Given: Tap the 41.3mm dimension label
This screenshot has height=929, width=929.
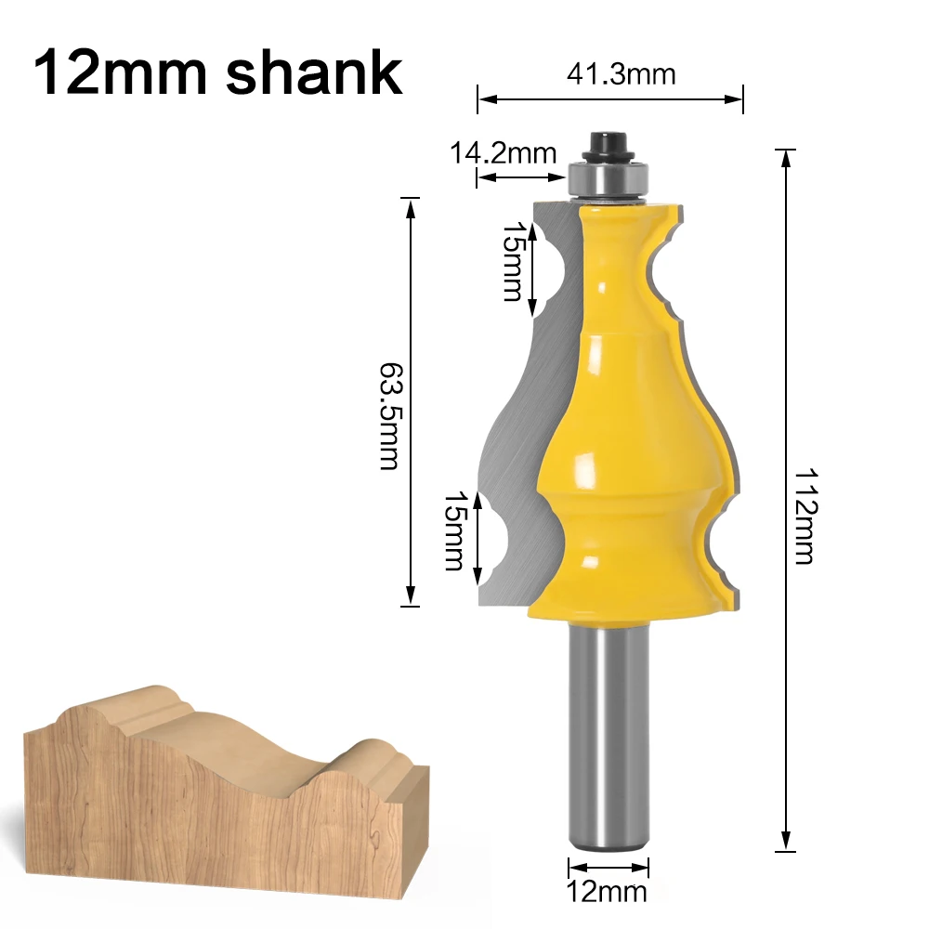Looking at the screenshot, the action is coord(622,74).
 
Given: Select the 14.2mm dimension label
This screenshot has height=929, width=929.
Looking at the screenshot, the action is coord(504,153).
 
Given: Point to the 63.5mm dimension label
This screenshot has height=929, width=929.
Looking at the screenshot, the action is coord(389,416).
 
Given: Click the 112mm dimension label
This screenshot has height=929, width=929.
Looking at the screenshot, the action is coord(805,516).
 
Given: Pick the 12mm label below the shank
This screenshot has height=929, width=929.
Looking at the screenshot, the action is coord(607,891).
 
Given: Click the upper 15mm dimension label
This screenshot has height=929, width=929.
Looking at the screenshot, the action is coord(513,261).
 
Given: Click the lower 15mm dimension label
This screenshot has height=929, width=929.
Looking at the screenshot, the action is coord(454,530).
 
